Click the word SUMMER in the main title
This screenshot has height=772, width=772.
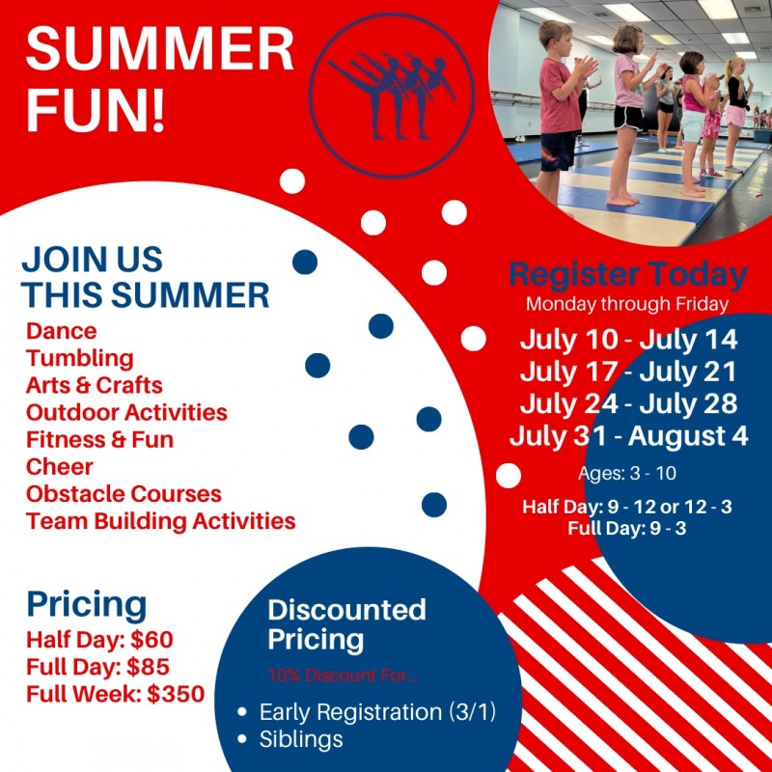[159, 49]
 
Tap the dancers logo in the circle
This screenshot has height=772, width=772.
[393, 95]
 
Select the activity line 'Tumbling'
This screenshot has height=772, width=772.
[80, 359]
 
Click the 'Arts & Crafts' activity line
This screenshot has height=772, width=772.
[94, 385]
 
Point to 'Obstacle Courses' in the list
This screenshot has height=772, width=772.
[124, 494]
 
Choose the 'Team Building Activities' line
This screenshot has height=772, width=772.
[160, 521]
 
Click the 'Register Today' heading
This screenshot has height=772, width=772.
[628, 274]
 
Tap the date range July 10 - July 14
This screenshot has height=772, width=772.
[629, 340]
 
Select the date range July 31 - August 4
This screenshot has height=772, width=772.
[629, 436]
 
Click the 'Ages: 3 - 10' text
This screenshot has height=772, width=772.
[626, 473]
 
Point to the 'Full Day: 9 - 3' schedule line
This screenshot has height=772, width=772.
[626, 528]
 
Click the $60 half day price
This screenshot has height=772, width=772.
[152, 640]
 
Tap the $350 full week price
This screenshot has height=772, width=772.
[176, 694]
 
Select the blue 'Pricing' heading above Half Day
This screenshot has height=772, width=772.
[87, 606]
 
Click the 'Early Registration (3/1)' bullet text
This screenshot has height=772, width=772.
[377, 712]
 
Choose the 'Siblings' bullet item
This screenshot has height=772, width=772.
[301, 739]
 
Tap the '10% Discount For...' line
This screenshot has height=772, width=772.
[344, 675]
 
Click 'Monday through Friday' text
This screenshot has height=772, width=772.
[627, 304]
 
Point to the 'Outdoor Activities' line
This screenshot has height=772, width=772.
[126, 413]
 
